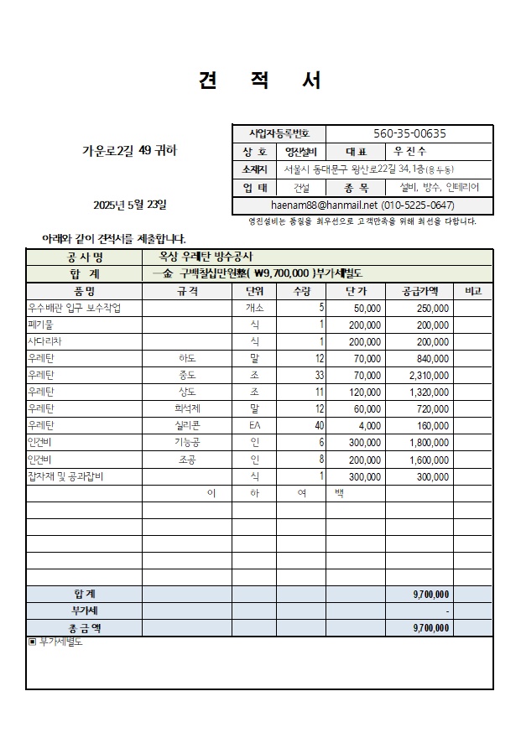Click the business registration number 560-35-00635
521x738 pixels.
409,133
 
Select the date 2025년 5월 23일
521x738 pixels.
130,205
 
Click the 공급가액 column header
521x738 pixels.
419,291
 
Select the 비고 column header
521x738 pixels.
472,291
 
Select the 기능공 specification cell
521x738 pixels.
187,442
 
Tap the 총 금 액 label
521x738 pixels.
84,627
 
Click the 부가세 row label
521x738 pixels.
84,611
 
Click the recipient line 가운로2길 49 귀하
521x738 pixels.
130,152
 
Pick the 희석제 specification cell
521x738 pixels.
187,408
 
